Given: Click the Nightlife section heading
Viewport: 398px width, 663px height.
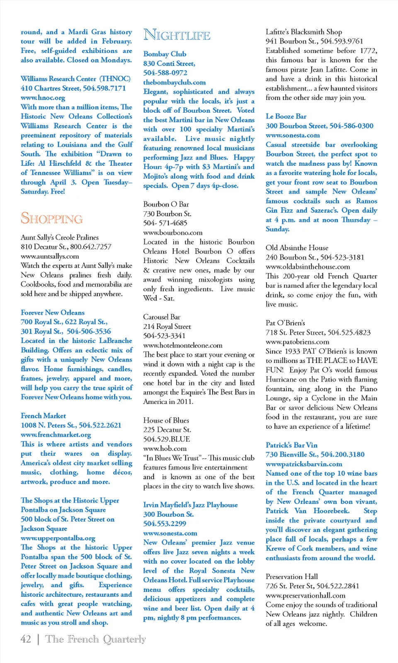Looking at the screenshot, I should click(x=177, y=35).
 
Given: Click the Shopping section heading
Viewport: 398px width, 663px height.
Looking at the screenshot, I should click(x=52, y=218).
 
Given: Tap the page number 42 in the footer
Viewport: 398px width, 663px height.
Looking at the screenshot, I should click(x=26, y=639).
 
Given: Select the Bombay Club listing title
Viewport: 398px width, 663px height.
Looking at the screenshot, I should click(x=165, y=54).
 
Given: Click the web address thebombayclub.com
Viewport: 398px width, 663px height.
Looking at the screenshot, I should click(x=174, y=82).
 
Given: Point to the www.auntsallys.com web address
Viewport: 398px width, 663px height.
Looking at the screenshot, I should click(x=50, y=256).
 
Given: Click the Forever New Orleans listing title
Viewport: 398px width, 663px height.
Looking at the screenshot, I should click(x=53, y=312).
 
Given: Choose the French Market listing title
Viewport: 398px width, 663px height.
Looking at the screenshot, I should click(x=43, y=416).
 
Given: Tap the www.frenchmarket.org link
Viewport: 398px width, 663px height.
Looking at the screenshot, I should click(x=56, y=435).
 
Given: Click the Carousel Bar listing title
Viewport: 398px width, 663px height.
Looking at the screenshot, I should click(x=162, y=317).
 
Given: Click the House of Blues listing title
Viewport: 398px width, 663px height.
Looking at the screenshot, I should click(x=166, y=420).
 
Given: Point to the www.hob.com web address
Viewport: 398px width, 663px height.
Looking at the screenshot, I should click(x=165, y=448).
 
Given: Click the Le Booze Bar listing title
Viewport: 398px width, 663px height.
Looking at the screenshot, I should click(x=286, y=116).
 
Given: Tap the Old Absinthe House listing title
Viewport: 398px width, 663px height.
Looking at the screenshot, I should click(x=297, y=248).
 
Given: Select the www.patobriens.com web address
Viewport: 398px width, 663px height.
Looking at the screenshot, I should click(x=297, y=342).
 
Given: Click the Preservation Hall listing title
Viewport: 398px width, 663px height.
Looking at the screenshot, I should click(x=292, y=576).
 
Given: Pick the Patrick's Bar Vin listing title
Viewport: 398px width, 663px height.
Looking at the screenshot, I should click(x=291, y=445).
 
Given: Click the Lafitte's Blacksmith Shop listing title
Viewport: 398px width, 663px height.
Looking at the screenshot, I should click(x=304, y=32).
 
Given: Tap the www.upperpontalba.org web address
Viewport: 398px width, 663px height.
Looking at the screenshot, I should click(x=58, y=538).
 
